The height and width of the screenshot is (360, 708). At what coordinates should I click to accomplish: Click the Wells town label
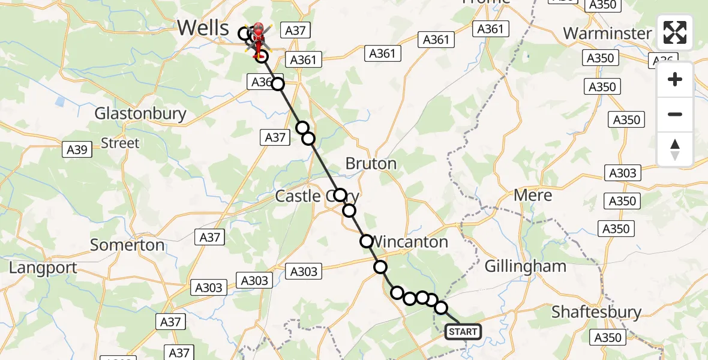pos(203,28)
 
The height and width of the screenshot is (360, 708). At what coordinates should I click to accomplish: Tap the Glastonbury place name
pos(140,113)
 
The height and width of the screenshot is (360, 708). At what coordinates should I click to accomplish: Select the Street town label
pos(120,143)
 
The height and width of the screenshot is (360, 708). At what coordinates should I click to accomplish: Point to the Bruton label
pos(371,163)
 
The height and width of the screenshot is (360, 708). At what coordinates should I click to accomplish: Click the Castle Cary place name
pos(310,196)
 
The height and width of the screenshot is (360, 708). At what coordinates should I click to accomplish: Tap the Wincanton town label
pos(410,242)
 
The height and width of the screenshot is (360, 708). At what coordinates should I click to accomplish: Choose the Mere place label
pos(533,195)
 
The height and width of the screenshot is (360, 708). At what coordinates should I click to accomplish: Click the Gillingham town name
pos(525,266)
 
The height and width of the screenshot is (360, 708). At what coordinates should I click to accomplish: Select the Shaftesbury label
pos(596,312)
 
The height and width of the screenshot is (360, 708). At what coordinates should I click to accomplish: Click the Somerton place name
pos(127,245)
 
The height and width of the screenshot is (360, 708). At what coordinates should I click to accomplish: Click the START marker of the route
pos(463,332)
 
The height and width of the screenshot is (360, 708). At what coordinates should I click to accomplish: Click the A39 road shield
pos(77,149)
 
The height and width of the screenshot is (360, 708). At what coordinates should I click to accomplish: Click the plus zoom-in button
pos(675,79)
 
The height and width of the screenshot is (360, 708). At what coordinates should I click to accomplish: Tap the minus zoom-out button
pos(675,114)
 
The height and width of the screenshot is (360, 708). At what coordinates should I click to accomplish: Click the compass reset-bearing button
pos(675,149)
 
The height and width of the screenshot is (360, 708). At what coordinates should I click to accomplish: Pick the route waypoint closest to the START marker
pos(441,308)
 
